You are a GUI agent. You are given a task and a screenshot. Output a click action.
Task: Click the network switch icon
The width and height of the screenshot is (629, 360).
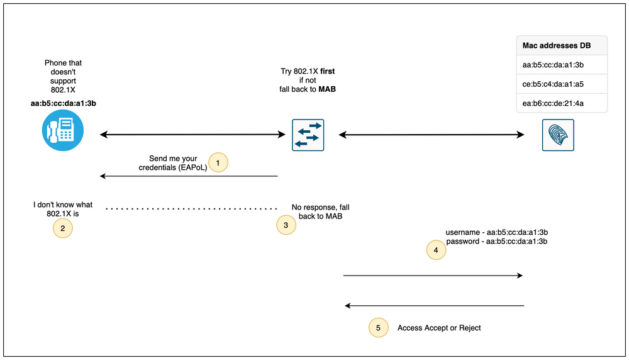pyautogui.click(x=308, y=135)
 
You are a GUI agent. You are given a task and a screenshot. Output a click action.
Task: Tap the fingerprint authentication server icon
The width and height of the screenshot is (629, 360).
pyautogui.click(x=558, y=135)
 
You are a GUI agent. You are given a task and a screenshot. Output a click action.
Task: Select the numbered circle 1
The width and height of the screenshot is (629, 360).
pyautogui.click(x=218, y=162)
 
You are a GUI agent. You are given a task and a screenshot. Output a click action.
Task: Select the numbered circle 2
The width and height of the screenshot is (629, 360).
pyautogui.click(x=62, y=228)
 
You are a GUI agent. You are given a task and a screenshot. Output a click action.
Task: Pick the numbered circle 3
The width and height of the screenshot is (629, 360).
pyautogui.click(x=286, y=225)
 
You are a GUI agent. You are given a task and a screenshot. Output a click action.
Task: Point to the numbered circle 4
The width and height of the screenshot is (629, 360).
pyautogui.click(x=436, y=250)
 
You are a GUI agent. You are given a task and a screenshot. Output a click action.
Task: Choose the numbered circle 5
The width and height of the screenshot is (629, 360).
pyautogui.click(x=377, y=327)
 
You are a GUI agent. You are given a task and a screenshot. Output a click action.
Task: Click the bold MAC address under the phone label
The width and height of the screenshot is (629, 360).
pyautogui.click(x=63, y=103)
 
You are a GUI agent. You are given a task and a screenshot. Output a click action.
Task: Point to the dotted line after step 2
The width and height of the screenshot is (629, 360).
pyautogui.click(x=191, y=208)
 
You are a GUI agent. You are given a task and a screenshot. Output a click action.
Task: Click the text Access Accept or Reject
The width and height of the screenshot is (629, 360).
pyautogui.click(x=439, y=328)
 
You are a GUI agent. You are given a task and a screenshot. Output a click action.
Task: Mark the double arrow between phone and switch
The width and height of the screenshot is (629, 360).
pyautogui.click(x=192, y=134)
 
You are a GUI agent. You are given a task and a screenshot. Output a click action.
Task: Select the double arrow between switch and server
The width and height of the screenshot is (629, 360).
pyautogui.click(x=432, y=134)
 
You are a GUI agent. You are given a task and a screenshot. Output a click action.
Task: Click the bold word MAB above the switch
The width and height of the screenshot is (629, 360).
pyautogui.click(x=326, y=89)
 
